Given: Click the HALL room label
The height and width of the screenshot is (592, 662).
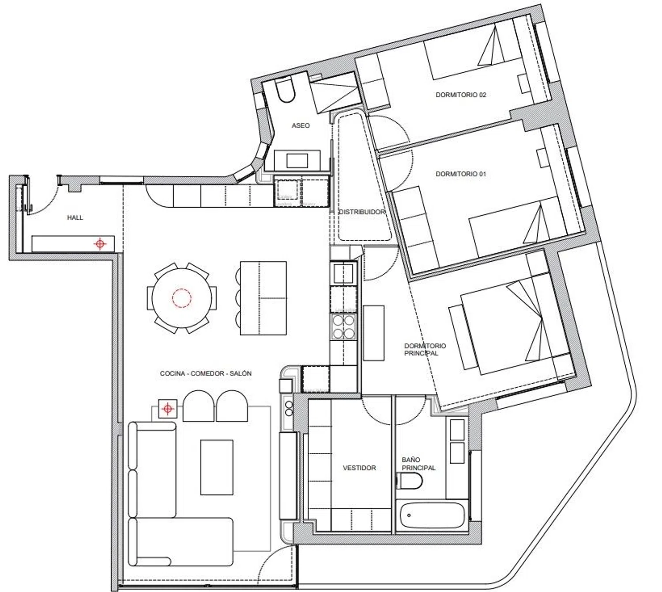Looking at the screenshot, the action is pos(75,218).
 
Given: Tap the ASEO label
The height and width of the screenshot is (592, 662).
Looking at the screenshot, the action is pos(301,125).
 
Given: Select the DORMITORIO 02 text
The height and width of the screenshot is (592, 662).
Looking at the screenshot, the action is pos(461,95).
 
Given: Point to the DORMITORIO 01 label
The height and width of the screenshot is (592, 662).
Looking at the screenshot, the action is pos(461,174).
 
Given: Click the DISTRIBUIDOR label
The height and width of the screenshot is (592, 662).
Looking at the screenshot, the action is pos(362,212).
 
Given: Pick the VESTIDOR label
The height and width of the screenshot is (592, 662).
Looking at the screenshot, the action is pos(359,468).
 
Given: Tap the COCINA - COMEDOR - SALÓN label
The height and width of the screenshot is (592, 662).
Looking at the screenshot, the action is pos(206,373).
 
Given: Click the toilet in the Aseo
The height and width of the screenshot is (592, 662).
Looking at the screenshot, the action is pos(285,91).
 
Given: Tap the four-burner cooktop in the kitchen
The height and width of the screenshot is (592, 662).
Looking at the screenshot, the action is pos(343,327).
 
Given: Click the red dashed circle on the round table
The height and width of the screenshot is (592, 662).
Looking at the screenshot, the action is pos(182,298).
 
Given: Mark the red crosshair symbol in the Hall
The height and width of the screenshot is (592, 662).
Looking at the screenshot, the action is pos(100,244).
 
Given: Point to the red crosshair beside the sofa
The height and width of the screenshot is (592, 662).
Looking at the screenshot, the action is pos(168,409).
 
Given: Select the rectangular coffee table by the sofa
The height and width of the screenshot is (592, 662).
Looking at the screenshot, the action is pos(217,467).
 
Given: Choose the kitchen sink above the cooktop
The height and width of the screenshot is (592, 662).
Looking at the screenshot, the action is pos(343,273).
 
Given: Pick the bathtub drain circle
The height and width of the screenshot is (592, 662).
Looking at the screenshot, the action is pos(409,516).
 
